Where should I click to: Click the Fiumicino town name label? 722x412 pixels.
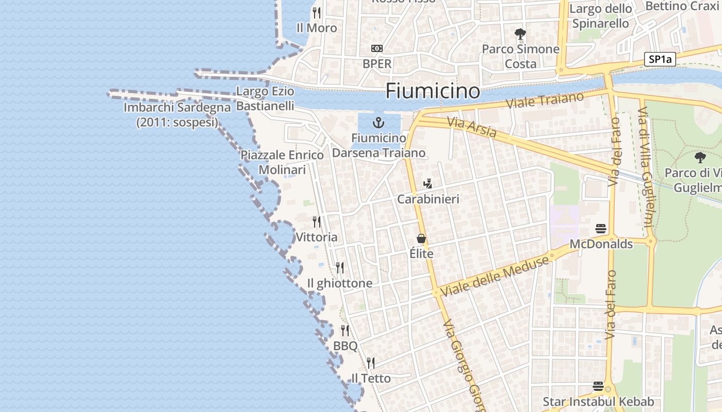[x=433, y=91]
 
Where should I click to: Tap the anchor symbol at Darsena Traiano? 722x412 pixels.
[x=379, y=123]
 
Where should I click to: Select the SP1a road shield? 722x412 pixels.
[x=660, y=59]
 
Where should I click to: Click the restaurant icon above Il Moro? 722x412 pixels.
[x=317, y=12]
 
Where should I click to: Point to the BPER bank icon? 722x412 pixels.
[x=377, y=48]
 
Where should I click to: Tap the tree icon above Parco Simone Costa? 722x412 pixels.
[x=520, y=34]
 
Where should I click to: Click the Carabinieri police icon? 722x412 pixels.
[x=428, y=183]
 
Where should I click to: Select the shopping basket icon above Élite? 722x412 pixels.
[x=421, y=238]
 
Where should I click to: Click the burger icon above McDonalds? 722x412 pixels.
[x=601, y=228]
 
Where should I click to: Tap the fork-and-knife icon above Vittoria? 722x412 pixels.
[x=317, y=222]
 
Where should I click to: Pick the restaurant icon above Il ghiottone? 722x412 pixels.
[x=340, y=268]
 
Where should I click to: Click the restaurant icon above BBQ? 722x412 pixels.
[x=345, y=331]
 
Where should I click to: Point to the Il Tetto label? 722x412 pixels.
[x=371, y=378]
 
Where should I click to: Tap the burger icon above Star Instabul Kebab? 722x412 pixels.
[x=598, y=386]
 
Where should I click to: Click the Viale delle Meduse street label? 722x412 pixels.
[x=494, y=276]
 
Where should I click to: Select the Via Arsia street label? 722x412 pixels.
[x=472, y=128]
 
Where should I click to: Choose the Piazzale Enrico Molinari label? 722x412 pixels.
[x=282, y=162]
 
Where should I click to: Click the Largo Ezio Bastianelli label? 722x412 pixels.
[x=265, y=98]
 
